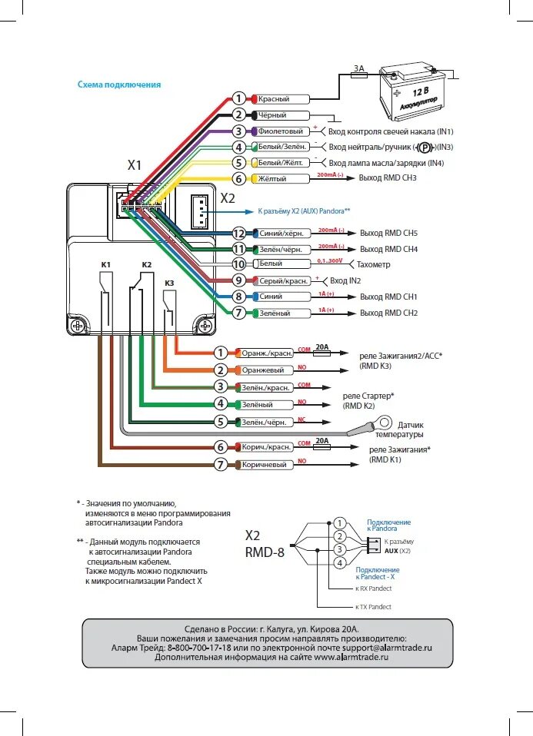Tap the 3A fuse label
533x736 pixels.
tap(359, 68)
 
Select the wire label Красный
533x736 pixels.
tap(273, 99)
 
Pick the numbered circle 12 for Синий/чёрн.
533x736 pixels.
tap(238, 233)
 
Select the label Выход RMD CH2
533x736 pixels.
tap(388, 313)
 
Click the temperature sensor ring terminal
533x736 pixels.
tap(384, 423)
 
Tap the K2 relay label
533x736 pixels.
tap(146, 265)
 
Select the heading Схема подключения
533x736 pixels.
tap(119, 85)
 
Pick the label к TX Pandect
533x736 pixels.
tap(373, 607)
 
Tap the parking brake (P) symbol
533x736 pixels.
tap(424, 148)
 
